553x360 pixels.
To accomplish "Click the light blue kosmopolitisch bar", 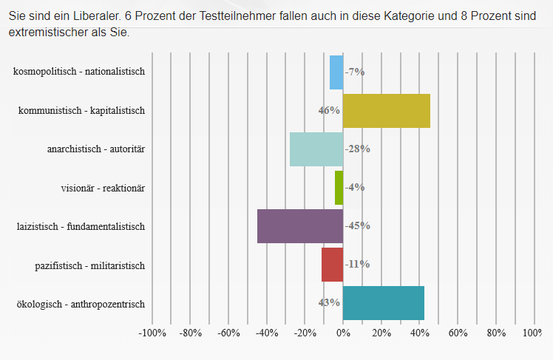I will [x=336, y=72].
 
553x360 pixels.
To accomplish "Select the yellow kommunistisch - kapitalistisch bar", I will [x=387, y=111].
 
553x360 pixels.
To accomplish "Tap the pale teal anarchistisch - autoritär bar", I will [x=316, y=149].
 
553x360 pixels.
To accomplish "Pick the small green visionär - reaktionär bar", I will [x=339, y=188].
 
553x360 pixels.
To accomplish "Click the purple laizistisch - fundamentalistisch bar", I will [x=300, y=226].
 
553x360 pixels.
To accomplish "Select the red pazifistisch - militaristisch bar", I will [x=333, y=265].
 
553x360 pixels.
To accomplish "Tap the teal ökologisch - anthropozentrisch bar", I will [x=384, y=303].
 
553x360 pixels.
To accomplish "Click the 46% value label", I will [x=329, y=111].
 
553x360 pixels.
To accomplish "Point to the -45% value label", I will [x=358, y=226].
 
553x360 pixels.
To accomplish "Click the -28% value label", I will [x=358, y=149].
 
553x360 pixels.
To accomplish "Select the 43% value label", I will [x=329, y=302].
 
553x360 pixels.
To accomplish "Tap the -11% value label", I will [x=358, y=265].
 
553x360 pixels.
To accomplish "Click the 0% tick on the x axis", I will [x=343, y=333].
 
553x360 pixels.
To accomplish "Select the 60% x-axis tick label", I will [x=458, y=333].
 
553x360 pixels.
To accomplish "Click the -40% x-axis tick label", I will [x=267, y=333].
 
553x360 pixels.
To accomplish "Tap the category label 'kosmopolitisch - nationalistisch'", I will [x=79, y=72].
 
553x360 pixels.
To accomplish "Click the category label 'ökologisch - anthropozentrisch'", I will [x=81, y=303].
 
